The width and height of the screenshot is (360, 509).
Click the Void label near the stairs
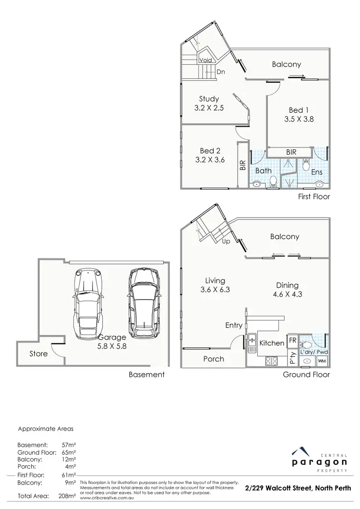tap(205, 61)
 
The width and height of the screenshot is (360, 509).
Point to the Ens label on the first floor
tap(317, 172)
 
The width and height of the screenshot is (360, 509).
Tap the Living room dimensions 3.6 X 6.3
tap(215, 290)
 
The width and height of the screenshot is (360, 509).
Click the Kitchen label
tap(272, 343)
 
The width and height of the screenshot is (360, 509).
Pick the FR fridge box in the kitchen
tap(292, 340)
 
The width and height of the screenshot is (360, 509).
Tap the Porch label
tap(214, 359)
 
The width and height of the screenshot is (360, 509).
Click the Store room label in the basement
tap(38, 354)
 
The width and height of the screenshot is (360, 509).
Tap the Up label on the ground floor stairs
tap(226, 242)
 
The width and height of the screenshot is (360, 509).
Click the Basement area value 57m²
tap(69, 445)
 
